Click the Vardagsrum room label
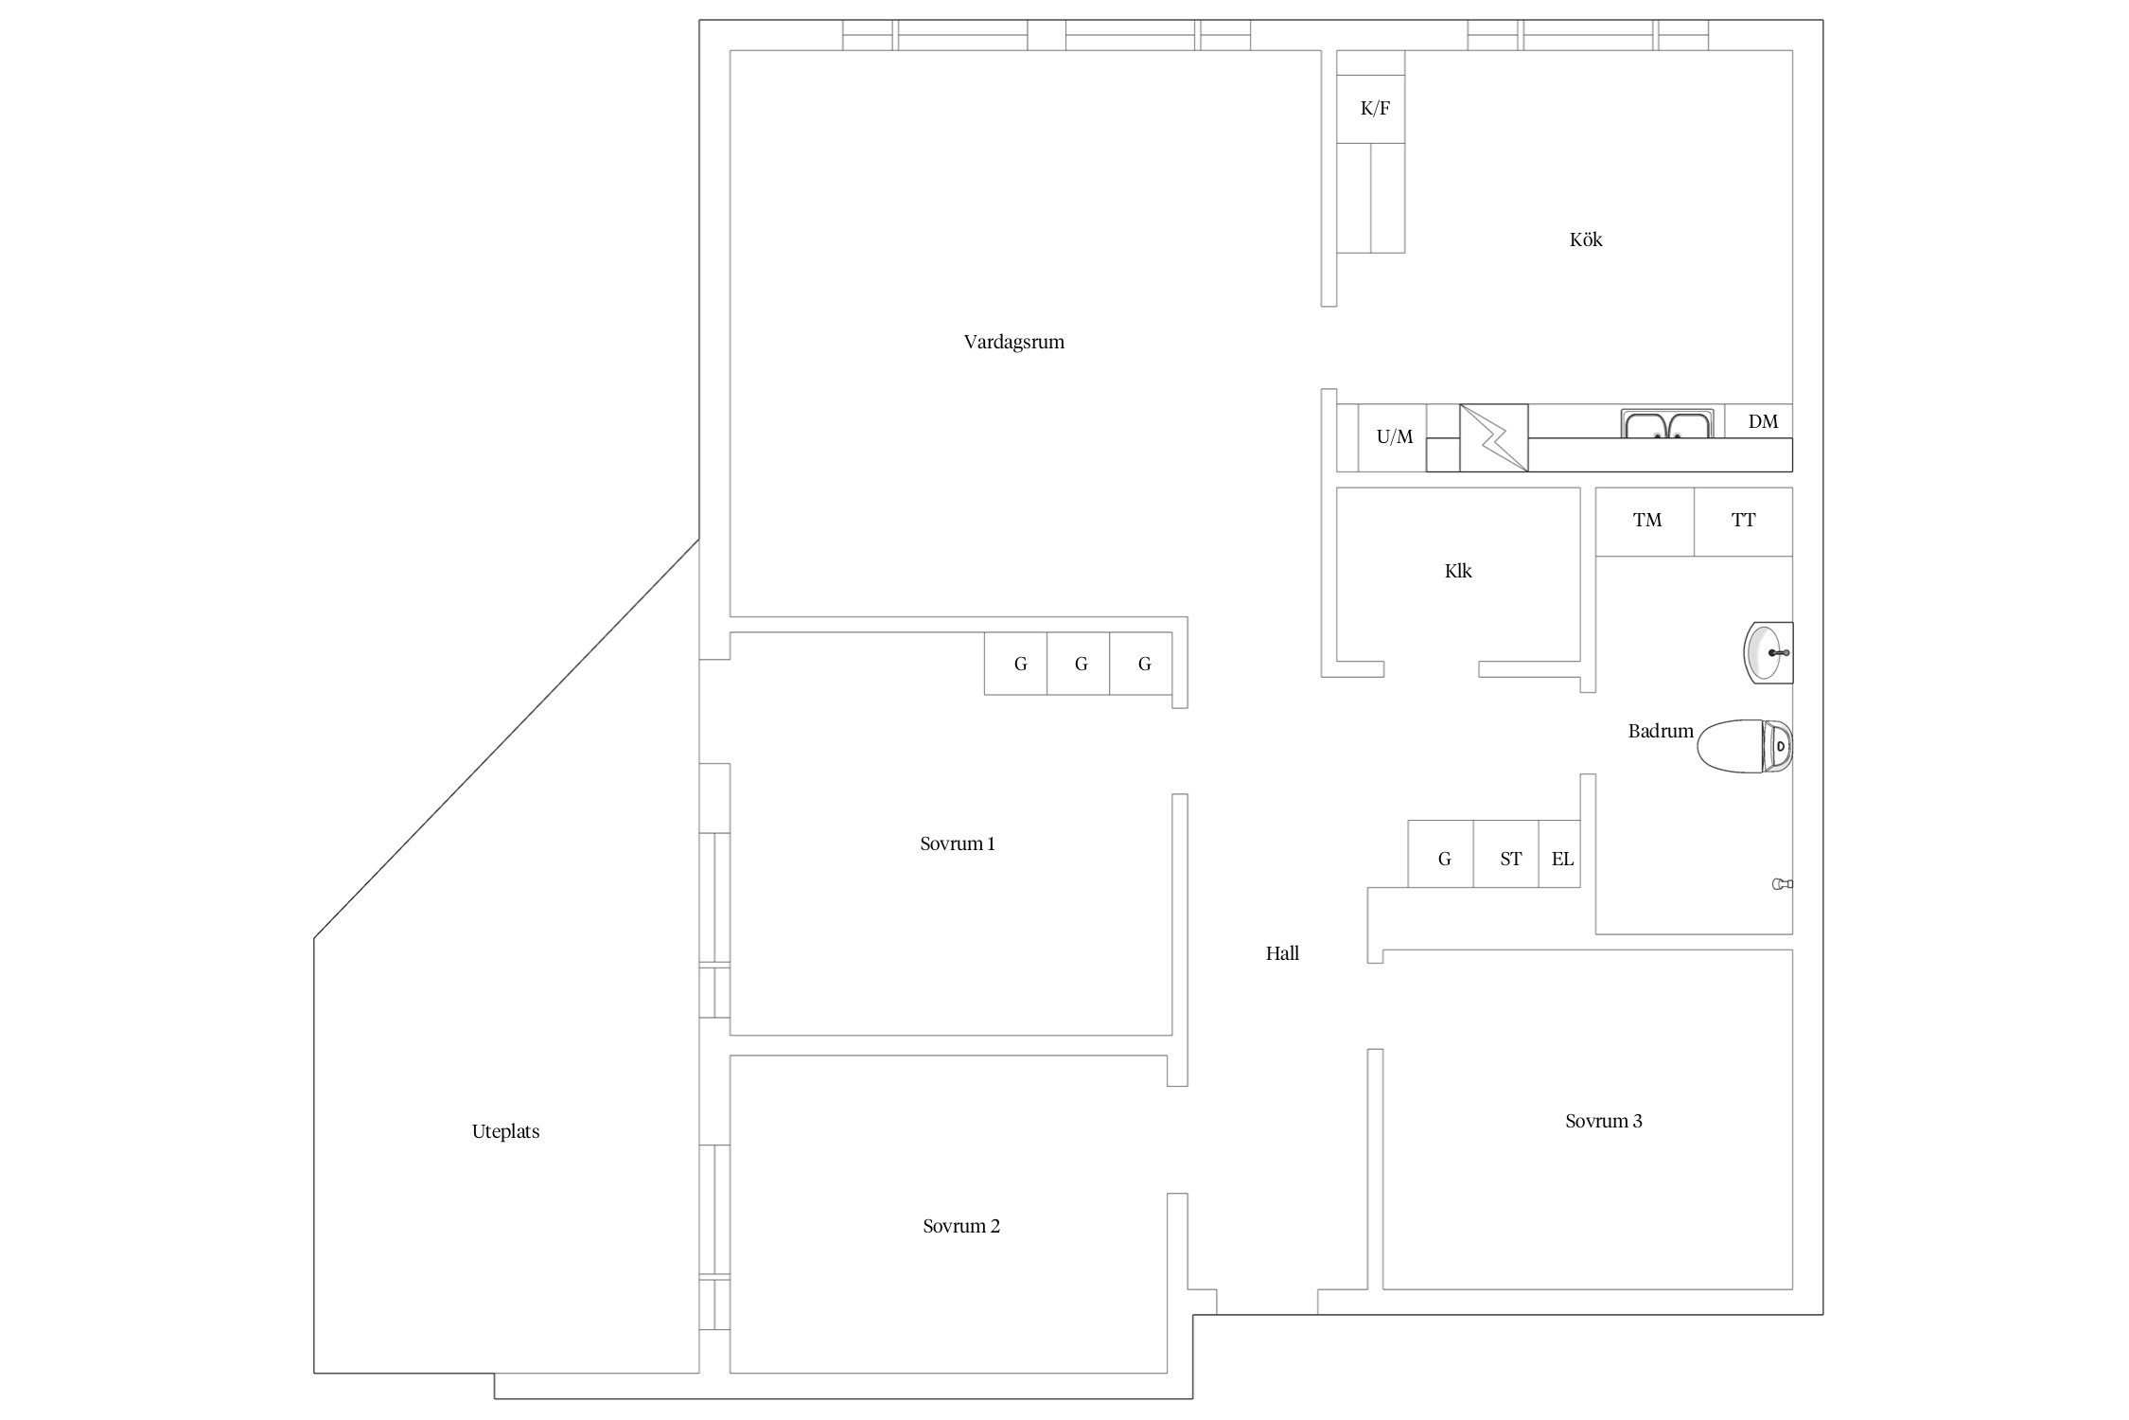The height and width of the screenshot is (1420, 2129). coord(1013,343)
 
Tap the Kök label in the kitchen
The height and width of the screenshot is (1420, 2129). coord(1586,240)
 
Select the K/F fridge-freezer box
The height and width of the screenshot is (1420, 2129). coord(1370,109)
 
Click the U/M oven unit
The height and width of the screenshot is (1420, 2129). coord(1393,437)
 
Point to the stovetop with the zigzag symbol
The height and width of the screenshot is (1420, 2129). coord(1494,437)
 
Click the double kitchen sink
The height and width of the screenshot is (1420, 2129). coord(1667,423)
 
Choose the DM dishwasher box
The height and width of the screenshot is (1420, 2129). coord(1758,421)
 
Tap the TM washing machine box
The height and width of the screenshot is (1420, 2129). coord(1645,522)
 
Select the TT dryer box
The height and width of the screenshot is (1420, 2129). coord(1744,522)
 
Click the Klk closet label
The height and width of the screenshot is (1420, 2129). coord(1458,572)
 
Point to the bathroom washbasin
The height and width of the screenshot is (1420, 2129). coord(1768,652)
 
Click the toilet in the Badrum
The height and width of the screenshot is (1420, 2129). coord(1745,746)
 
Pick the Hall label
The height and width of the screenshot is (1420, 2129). coord(1282,954)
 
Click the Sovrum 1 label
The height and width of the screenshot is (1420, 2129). coord(958,844)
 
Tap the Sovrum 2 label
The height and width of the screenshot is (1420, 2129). coord(961,1227)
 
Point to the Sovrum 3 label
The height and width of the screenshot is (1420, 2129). coord(1604,1122)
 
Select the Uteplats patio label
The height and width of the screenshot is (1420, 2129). coord(505,1132)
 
